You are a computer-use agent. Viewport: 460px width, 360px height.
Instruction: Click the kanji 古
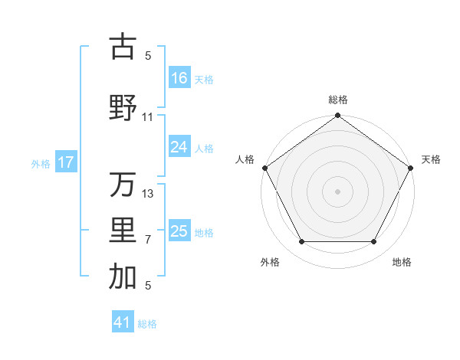tap(123, 47)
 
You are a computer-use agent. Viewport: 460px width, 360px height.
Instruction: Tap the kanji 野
tap(123, 107)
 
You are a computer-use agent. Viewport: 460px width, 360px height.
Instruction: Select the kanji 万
tap(123, 185)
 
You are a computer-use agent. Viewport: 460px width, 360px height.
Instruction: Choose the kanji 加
tap(123, 278)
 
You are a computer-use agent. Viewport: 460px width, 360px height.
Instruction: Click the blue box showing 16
tap(179, 77)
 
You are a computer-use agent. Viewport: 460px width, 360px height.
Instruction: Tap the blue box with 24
tap(179, 147)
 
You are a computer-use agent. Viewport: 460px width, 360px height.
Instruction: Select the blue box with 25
tap(179, 231)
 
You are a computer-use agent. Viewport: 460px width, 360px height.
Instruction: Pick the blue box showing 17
tap(66, 162)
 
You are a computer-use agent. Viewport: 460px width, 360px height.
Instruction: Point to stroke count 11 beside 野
tap(148, 117)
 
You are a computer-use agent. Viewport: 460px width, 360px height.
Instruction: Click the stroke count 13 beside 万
tap(148, 194)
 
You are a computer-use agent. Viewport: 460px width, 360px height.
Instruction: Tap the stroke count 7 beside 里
tap(148, 240)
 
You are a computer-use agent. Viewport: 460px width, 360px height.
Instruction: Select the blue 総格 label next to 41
tap(147, 324)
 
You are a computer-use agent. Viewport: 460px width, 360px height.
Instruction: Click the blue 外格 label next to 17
tap(41, 163)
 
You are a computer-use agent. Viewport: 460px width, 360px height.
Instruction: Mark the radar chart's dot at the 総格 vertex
tap(337, 116)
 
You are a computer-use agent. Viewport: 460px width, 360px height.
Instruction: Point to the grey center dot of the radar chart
tap(337, 191)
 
